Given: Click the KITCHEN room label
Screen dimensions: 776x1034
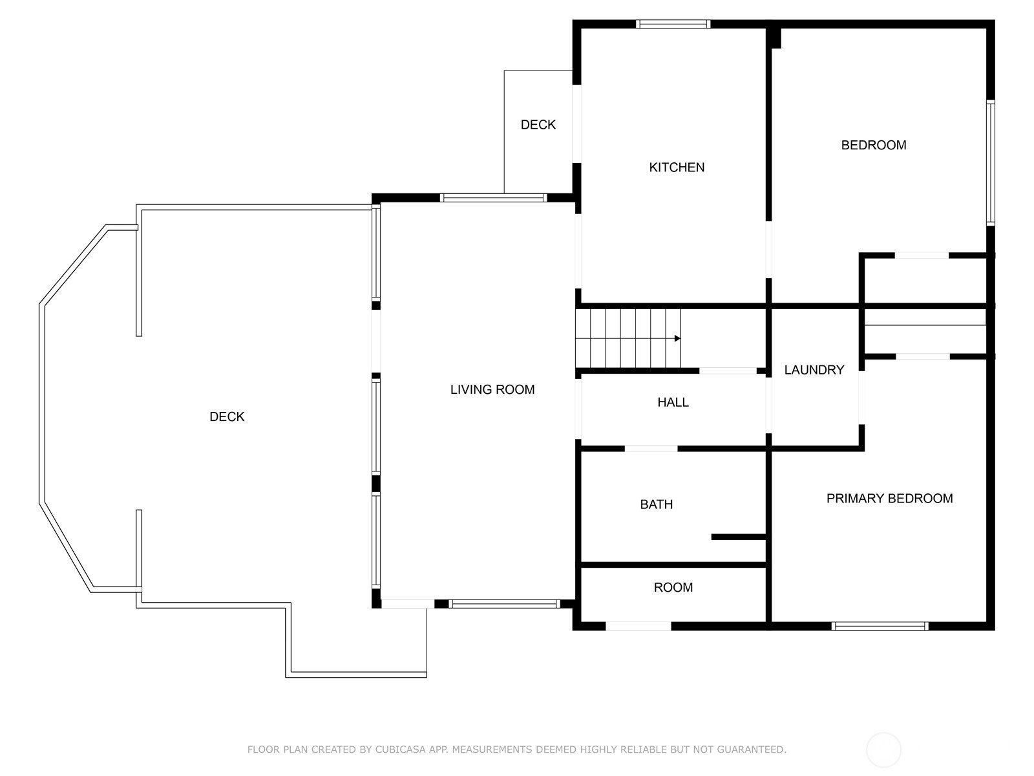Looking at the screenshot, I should point(677,167).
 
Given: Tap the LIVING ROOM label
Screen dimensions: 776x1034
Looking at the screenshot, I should point(492,389).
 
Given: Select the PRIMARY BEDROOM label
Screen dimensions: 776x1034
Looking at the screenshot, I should point(889,499).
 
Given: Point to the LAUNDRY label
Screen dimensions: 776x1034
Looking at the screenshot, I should point(814,370).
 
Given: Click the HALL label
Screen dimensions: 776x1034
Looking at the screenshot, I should point(673,402).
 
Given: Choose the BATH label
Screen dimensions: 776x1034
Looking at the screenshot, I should point(656,504).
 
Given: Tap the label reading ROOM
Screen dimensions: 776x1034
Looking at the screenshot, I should point(673,587).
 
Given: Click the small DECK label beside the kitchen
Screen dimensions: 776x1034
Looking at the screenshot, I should point(538,125).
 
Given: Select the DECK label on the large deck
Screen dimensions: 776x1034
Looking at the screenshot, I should point(227,417).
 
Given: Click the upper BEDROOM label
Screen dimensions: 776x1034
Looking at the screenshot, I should point(873,145).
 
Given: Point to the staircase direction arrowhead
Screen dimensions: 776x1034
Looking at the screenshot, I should point(677,338).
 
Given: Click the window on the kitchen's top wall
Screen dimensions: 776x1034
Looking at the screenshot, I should point(673,25).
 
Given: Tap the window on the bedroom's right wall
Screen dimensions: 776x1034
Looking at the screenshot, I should point(990,162).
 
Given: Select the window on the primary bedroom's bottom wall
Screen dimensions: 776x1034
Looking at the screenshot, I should point(880,626).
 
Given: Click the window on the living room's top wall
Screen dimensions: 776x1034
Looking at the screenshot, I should point(493,198).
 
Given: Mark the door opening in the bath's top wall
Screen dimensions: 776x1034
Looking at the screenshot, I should point(651,448).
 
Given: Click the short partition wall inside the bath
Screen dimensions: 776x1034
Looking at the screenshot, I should point(738,537).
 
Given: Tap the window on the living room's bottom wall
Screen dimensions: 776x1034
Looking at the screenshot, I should point(504,604).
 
